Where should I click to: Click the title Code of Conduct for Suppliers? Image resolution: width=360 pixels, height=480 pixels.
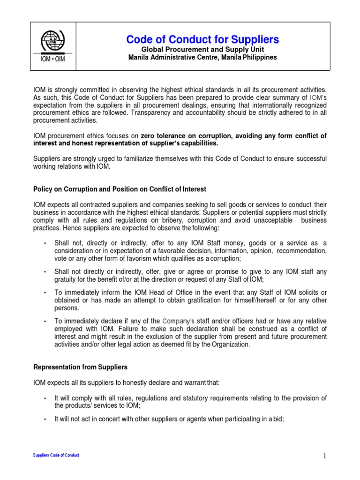pos(202,39)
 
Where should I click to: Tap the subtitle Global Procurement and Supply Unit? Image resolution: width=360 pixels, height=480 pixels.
pos(202,50)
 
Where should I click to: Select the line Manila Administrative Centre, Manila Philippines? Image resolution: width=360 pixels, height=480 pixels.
pos(202,58)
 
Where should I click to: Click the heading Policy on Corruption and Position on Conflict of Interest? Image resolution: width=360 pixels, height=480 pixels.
pos(120,189)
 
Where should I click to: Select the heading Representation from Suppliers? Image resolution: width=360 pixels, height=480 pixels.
pos(80,367)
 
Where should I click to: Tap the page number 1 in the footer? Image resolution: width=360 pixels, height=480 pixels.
pos(323,456)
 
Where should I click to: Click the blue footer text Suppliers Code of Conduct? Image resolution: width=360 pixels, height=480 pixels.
pos(56,455)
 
